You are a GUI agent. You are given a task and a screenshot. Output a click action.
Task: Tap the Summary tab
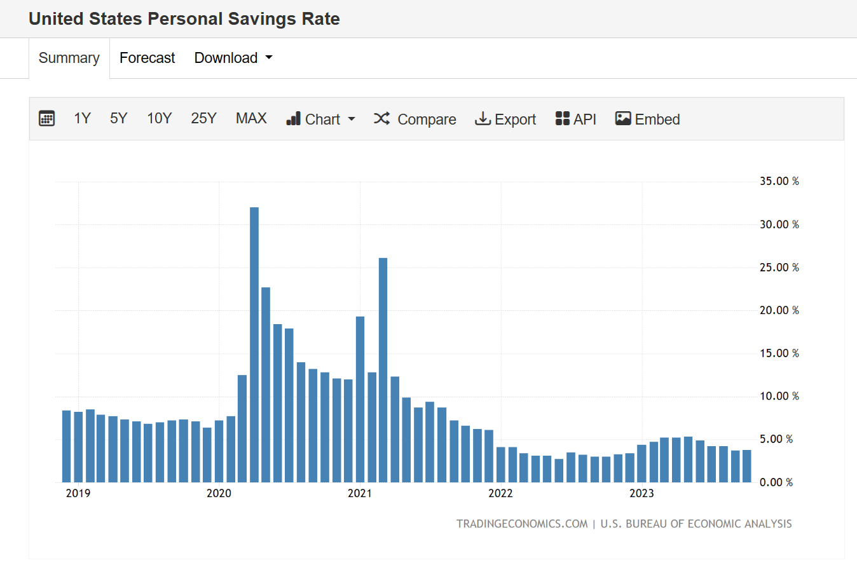click(x=69, y=58)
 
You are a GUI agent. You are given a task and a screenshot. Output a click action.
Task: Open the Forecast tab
click(x=147, y=58)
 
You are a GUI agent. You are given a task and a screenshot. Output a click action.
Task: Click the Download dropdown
click(x=233, y=58)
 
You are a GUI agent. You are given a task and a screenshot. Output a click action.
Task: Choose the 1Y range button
click(x=82, y=119)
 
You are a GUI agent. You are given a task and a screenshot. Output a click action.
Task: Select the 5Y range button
click(x=118, y=119)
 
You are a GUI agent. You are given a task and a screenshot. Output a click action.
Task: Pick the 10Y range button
click(x=159, y=119)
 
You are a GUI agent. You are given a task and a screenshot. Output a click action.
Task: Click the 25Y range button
click(x=203, y=119)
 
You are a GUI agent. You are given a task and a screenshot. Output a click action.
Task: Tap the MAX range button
click(x=251, y=119)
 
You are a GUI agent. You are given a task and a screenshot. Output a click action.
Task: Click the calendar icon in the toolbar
click(x=46, y=119)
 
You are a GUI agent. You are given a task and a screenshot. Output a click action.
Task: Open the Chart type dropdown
click(x=320, y=119)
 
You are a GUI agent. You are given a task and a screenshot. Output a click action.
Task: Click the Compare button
click(x=415, y=119)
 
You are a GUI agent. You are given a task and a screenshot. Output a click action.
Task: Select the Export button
click(x=505, y=119)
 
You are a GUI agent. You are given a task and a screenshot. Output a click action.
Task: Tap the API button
click(x=576, y=119)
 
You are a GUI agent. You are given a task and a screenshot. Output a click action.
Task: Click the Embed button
click(x=647, y=119)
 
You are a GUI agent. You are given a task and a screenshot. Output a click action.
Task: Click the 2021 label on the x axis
click(x=360, y=494)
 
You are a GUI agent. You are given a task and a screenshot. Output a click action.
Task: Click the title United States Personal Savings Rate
click(x=184, y=18)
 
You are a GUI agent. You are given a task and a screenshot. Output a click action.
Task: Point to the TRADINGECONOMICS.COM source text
click(x=521, y=524)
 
